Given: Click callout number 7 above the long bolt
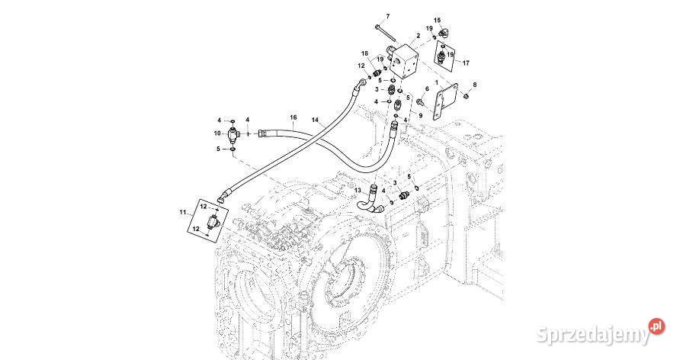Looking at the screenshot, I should click(x=387, y=16).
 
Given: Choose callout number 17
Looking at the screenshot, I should click(x=467, y=63).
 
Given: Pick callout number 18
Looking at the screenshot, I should click(x=365, y=53).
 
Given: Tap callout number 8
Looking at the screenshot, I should click(x=474, y=84).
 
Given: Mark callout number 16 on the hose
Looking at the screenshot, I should click(x=293, y=117).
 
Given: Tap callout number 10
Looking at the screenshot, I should click(x=217, y=134).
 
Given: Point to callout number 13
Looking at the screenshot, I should click(x=357, y=190).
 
